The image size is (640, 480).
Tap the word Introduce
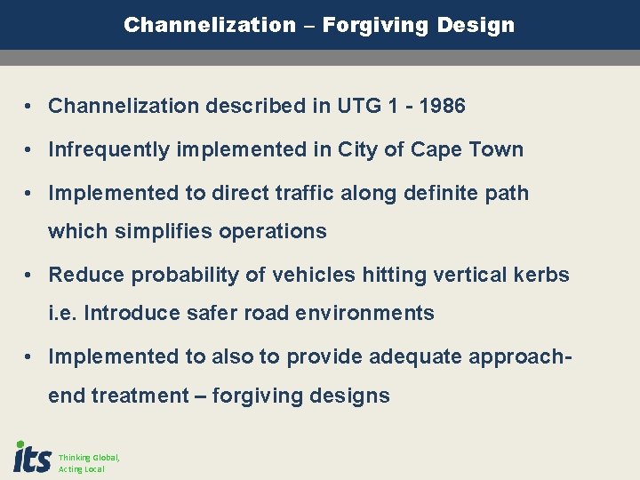tap(130, 313)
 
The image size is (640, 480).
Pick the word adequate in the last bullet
tap(408, 356)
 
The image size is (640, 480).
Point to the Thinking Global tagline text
tap(89, 458)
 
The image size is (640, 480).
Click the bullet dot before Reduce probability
tap(30, 275)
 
